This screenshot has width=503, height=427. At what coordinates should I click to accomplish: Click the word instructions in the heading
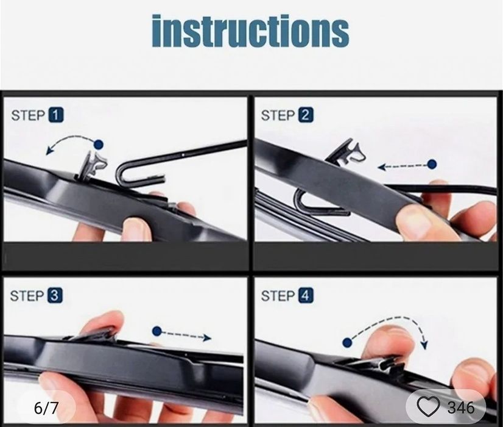(250, 31)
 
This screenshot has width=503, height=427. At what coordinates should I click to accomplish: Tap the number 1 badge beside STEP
(56, 115)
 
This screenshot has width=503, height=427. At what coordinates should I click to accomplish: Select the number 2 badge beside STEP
(306, 115)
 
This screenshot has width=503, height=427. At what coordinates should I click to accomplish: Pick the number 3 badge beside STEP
(55, 296)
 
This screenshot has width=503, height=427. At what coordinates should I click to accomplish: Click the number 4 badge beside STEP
(306, 296)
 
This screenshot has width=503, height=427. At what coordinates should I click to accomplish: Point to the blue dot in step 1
(99, 144)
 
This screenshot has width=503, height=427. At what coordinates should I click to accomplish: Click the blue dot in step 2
(432, 164)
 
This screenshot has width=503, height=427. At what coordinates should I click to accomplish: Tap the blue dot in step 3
(157, 331)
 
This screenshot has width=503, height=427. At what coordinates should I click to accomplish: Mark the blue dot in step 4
(348, 342)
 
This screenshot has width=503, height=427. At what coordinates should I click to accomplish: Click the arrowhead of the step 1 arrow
(49, 151)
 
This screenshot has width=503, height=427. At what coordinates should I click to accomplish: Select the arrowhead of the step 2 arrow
(381, 167)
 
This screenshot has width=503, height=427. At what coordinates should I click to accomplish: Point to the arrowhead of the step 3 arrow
(208, 337)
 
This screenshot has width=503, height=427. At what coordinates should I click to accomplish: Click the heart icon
(428, 406)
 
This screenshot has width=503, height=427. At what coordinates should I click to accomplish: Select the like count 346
(461, 407)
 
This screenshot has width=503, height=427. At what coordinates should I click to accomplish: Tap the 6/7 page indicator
(46, 407)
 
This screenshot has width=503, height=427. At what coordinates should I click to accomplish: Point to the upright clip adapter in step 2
(346, 152)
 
